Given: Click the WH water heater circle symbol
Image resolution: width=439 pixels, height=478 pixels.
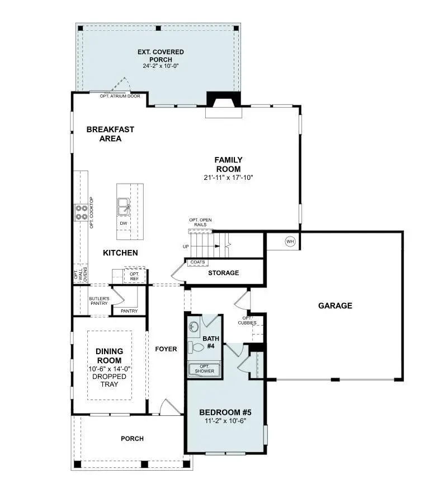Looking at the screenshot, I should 290,242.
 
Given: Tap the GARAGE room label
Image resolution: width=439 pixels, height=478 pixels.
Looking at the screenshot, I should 335,305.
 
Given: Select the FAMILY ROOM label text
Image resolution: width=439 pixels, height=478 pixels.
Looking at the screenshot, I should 228,164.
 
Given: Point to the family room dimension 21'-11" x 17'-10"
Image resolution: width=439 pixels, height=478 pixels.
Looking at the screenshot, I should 228,178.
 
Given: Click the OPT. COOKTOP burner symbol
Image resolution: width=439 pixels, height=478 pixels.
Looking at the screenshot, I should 81,212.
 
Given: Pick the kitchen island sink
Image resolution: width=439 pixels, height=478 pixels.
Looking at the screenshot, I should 124,206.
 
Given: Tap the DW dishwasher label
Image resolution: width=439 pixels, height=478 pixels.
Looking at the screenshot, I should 123,224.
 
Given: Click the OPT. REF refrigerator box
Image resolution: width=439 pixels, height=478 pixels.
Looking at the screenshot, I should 134,276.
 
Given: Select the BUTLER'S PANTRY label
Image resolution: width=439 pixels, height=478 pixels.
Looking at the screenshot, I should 99,301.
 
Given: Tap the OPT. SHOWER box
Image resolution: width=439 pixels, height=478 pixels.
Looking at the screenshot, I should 205,368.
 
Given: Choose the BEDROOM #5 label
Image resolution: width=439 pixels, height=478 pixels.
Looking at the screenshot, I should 225,412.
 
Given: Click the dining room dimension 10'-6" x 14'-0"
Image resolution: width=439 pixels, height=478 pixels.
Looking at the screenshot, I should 110,369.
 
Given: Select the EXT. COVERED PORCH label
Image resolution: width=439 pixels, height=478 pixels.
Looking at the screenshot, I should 161,55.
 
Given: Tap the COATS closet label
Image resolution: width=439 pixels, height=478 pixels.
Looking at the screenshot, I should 197,262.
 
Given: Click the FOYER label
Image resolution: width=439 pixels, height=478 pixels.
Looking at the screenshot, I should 166,349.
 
